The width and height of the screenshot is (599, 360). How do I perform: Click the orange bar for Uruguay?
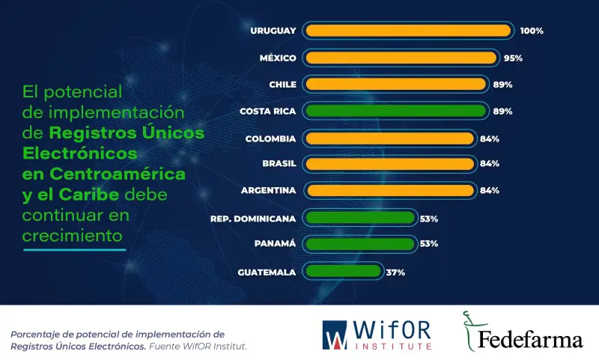tap(408, 31)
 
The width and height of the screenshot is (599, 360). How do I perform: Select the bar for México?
tap(401, 58)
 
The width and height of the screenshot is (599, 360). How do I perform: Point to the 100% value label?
tap(531, 31)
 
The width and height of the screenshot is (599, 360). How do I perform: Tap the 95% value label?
tap(513, 58)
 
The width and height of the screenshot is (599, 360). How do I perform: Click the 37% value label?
tap(395, 272)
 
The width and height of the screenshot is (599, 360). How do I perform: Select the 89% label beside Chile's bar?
tap(502, 85)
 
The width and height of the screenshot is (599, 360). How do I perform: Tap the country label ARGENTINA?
tap(268, 190)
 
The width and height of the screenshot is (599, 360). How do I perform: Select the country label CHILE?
tap(282, 85)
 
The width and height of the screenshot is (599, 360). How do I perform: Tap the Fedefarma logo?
tap(522, 333)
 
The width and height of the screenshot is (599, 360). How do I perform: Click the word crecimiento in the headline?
tap(72, 234)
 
